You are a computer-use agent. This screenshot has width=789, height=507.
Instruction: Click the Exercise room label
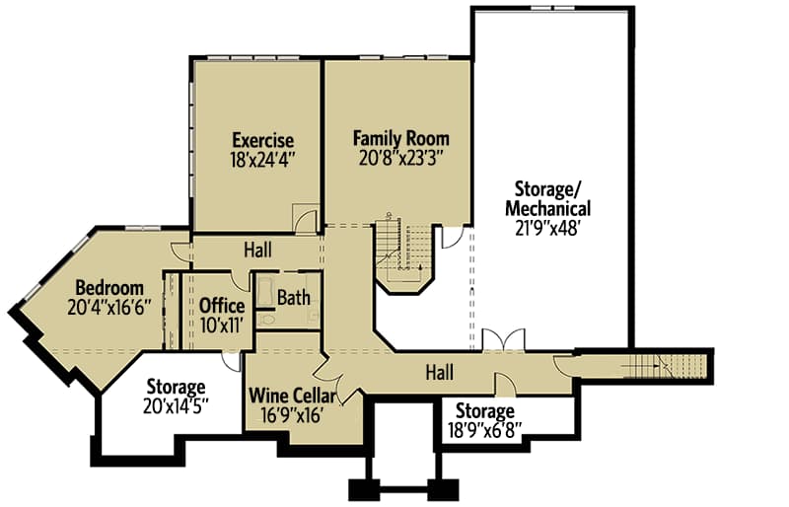[262, 139]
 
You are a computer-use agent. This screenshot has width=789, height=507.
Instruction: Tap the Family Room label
[401, 138]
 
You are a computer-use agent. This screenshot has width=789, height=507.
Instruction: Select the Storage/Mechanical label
[548, 199]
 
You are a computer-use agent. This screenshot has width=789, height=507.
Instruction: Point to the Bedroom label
[109, 288]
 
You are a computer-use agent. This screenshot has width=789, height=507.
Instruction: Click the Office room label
[222, 306]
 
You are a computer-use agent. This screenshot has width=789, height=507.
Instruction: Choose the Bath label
[294, 298]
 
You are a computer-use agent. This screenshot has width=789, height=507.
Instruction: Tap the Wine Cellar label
[292, 396]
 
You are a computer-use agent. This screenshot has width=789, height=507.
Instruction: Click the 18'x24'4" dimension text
[262, 160]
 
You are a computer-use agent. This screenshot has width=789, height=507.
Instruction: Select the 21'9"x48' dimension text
[548, 229]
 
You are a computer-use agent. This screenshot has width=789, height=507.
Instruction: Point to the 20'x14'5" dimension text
[176, 406]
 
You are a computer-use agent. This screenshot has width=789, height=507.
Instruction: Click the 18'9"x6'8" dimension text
[484, 430]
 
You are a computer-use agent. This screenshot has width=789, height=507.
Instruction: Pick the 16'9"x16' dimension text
[292, 415]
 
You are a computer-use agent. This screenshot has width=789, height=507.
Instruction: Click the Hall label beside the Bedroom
[258, 251]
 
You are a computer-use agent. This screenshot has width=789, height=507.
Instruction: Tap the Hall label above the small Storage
[440, 373]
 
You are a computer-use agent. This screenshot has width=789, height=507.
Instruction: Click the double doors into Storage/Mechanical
[504, 339]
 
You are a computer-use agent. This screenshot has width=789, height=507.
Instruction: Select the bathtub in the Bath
[265, 291]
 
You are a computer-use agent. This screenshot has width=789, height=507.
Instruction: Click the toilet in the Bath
[266, 320]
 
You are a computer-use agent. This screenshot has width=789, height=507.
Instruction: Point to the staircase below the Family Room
[402, 250]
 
